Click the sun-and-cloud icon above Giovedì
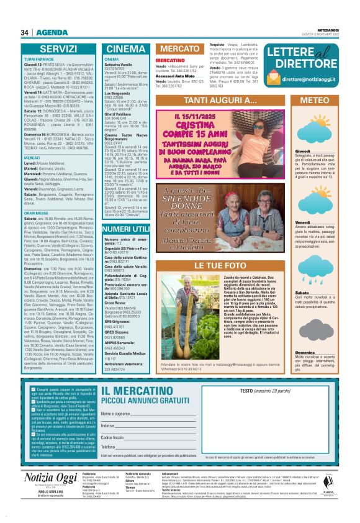pyautogui.click(x=309, y=132)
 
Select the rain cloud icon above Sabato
pyautogui.click(x=310, y=273)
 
